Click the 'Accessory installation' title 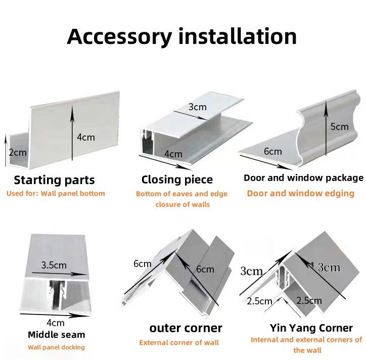pos(181,37)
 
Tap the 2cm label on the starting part pos(18,153)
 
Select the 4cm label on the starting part pos(86,137)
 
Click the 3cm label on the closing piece pos(198,107)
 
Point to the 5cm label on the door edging pos(339,126)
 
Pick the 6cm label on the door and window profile pos(273,152)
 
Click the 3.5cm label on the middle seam pos(54,265)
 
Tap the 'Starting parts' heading pos(55,180)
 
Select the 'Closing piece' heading pos(177,180)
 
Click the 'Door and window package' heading pos(303,178)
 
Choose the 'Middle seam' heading pos(57,335)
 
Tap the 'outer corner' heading pos(186,328)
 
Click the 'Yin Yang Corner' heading pos(311,328)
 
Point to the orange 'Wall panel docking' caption pos(56,347)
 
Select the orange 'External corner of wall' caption pos(179,342)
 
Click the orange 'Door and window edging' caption pos(301,193)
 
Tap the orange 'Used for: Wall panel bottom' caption pos(56,193)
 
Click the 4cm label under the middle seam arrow pos(56,323)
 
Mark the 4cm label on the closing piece pos(173,154)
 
